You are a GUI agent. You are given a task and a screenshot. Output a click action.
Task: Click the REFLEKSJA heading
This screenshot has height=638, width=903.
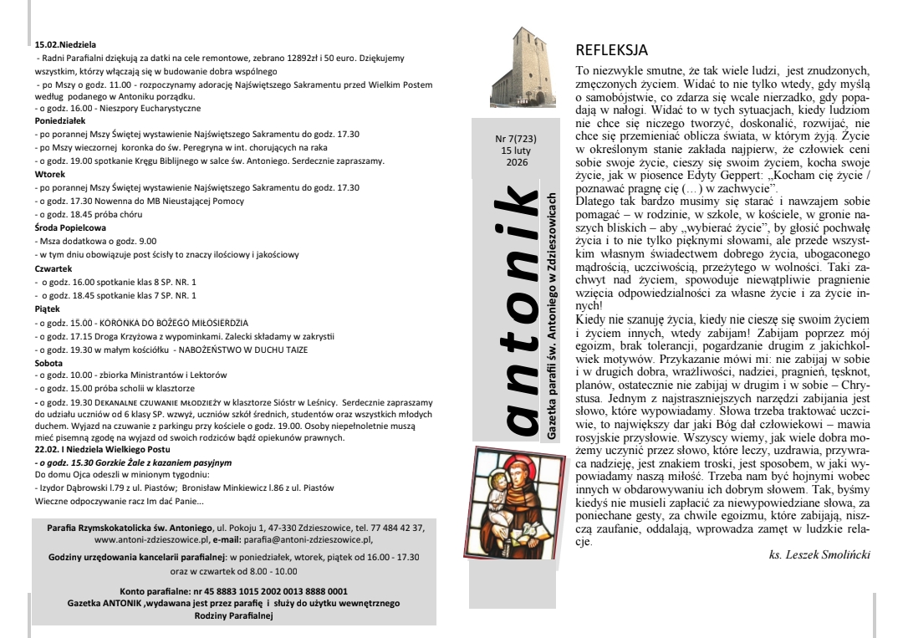[612, 51]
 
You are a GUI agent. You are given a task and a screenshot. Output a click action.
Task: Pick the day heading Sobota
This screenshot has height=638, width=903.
[49, 365]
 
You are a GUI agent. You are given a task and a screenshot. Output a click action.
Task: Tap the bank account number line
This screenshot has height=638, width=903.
[233, 590]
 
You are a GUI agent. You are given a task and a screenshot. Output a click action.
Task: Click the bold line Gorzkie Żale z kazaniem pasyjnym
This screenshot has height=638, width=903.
[133, 462]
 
